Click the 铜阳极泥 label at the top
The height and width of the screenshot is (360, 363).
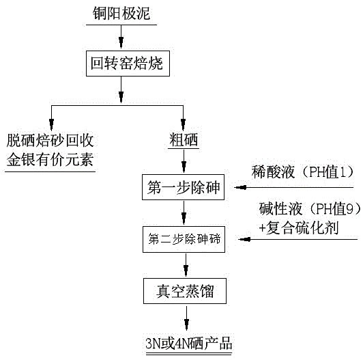(121, 13)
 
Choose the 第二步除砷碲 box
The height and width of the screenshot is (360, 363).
(184, 239)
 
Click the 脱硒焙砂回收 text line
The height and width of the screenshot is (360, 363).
(50, 141)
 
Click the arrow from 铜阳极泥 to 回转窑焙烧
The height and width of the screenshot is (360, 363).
(121, 38)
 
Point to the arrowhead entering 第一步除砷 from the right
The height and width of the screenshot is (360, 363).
(237, 186)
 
